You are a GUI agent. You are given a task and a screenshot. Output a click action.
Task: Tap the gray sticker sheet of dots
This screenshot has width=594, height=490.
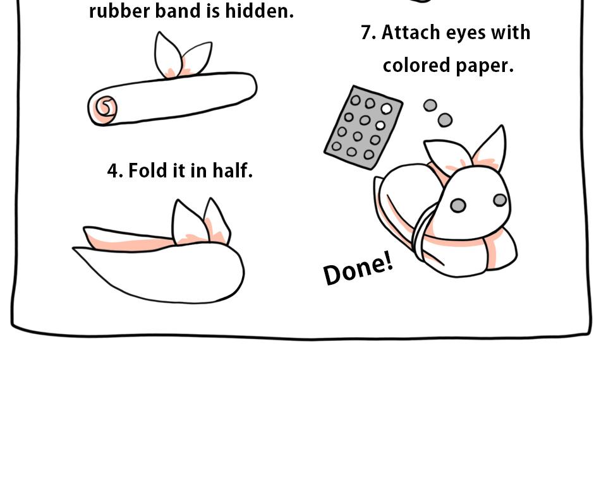pos(363,128)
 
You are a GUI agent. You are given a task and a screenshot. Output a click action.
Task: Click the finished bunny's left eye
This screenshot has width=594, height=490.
pos(458,205)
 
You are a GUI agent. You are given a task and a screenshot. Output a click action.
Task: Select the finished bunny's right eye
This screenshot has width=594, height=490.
pos(500,200)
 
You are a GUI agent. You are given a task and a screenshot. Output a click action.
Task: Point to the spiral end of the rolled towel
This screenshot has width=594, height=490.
pos(104,108)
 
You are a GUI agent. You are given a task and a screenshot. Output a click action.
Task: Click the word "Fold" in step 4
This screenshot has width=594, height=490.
pos(149,170)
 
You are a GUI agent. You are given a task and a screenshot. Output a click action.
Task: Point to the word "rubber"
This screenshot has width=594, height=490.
pos(115,11)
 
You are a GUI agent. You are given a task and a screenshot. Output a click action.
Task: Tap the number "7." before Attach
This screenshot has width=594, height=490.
pos(368,33)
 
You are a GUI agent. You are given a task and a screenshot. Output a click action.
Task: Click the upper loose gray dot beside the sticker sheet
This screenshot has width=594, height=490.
pos(430,105)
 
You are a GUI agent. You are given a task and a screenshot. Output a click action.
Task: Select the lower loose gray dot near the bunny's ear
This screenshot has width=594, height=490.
pos(445,120)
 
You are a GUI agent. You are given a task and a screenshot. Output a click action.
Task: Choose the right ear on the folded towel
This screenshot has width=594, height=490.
pos(215,221)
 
